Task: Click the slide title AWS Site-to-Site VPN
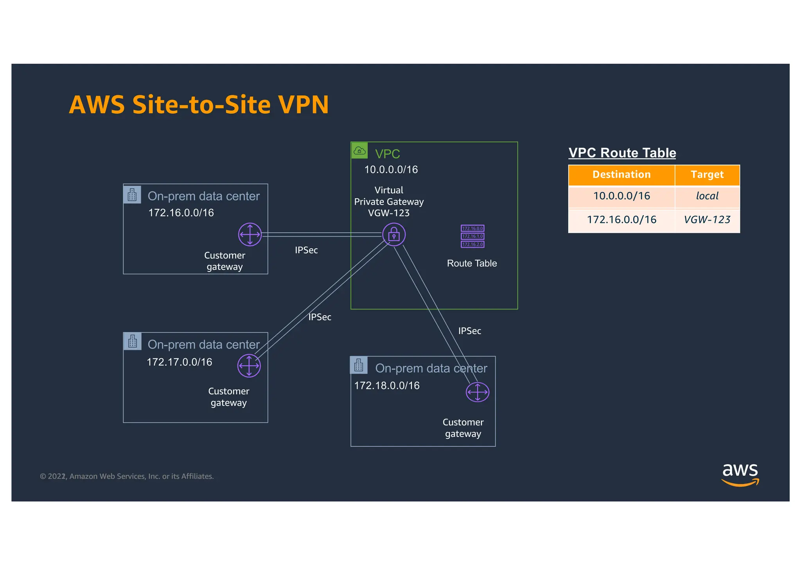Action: click(x=199, y=105)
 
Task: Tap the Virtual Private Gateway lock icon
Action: click(x=393, y=235)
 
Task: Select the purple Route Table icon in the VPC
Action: click(x=472, y=236)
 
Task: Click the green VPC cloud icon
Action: click(x=359, y=151)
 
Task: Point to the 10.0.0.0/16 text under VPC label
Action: click(x=391, y=170)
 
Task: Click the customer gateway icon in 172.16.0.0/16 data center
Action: click(x=250, y=235)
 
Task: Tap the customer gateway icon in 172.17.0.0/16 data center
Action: click(x=249, y=366)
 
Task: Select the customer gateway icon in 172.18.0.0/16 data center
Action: click(x=477, y=392)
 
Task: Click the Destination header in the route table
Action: click(x=621, y=175)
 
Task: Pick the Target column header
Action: click(x=707, y=175)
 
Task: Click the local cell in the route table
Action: click(x=707, y=196)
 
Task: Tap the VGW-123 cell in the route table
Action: click(x=707, y=220)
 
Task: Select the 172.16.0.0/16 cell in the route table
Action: click(x=621, y=220)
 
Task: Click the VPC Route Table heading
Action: click(x=622, y=153)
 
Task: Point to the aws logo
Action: click(x=740, y=474)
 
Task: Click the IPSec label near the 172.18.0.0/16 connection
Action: click(x=469, y=331)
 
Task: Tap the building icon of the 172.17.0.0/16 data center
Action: click(x=133, y=341)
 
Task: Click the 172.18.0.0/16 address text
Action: click(x=386, y=386)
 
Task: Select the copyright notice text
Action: click(x=127, y=476)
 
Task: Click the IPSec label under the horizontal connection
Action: click(x=306, y=250)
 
